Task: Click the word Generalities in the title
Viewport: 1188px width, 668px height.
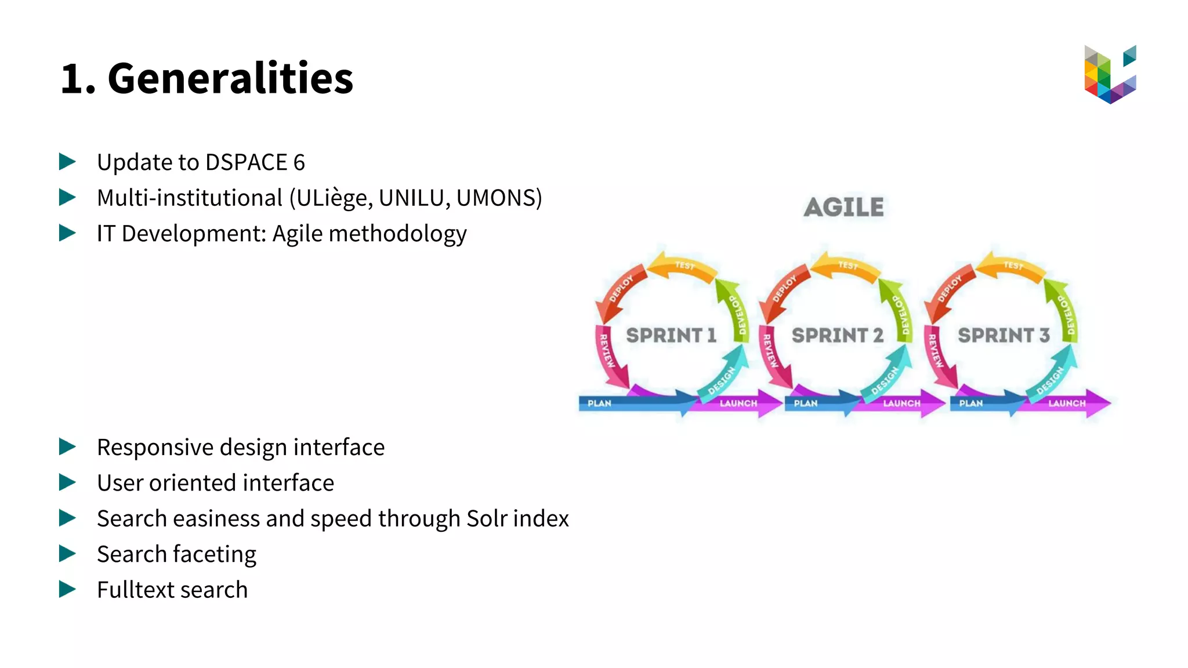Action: (230, 78)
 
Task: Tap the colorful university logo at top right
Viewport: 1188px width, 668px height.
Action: (1110, 74)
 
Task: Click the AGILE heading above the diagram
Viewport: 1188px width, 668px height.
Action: (844, 208)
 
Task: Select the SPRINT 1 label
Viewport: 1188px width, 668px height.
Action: (671, 335)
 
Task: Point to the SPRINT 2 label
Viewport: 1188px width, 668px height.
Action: (837, 335)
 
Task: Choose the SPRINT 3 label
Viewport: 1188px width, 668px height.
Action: (1004, 335)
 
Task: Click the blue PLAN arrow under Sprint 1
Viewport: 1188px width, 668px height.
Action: (626, 403)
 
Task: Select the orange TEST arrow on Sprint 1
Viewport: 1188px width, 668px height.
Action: (683, 266)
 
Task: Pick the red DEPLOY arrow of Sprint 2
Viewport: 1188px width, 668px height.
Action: (784, 290)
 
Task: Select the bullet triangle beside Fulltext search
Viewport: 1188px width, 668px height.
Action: (67, 589)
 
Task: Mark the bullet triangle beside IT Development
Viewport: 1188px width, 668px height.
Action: (67, 233)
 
